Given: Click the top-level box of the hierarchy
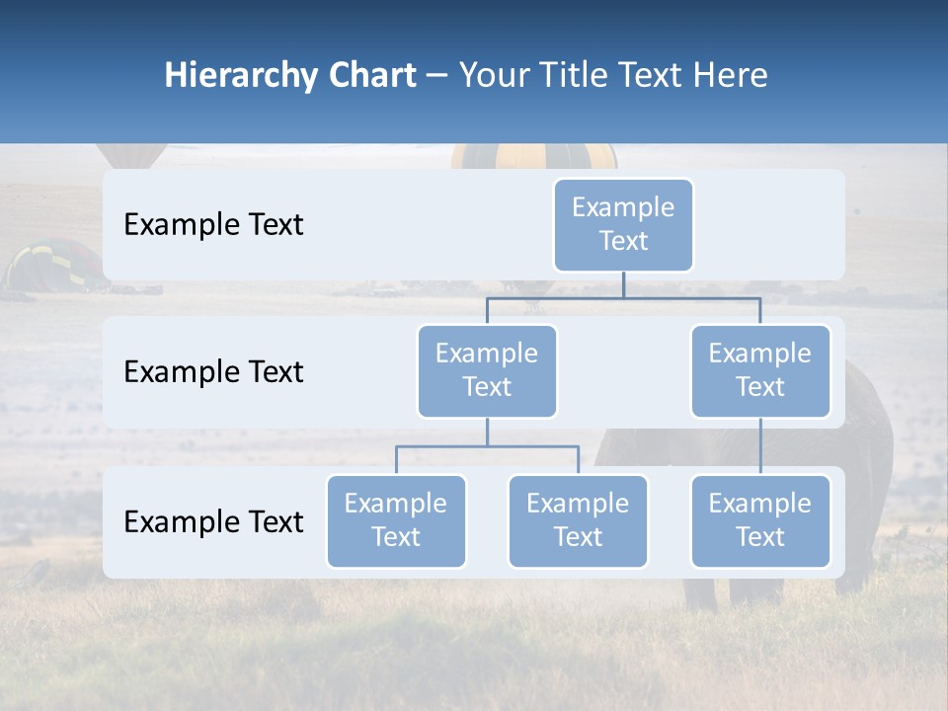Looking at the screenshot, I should point(623,225).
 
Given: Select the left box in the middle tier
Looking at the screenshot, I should point(487,371).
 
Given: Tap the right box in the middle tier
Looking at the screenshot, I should point(760,371).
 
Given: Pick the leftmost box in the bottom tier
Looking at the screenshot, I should point(396,521).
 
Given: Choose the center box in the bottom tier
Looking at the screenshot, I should point(578,521).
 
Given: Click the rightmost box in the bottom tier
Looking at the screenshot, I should point(760,521).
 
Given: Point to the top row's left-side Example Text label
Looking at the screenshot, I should point(213,225).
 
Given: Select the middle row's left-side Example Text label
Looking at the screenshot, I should point(213,372).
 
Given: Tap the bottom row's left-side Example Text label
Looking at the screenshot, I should point(213,522).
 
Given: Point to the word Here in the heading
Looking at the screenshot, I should point(731,76).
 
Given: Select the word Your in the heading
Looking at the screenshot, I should point(496,76).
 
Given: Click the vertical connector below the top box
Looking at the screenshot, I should point(623,284).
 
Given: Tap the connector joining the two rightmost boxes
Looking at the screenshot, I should point(760,446).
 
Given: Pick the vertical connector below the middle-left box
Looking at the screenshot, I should point(487,432).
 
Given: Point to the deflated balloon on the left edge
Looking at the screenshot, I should point(54,265).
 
